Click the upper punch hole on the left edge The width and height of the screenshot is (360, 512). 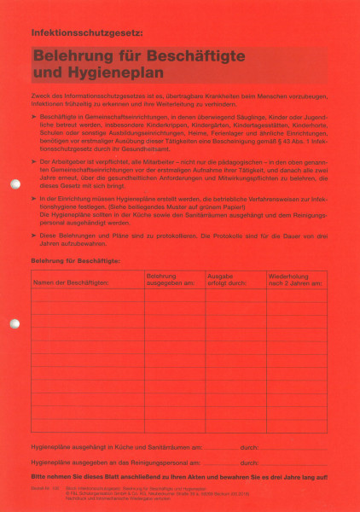[14, 183]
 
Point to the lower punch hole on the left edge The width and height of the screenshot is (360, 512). [14, 323]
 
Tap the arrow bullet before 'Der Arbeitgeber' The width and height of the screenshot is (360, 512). [33, 160]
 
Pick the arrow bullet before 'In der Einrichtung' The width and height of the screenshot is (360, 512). [33, 198]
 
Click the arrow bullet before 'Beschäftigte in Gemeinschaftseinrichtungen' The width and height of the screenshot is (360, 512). [33, 114]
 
